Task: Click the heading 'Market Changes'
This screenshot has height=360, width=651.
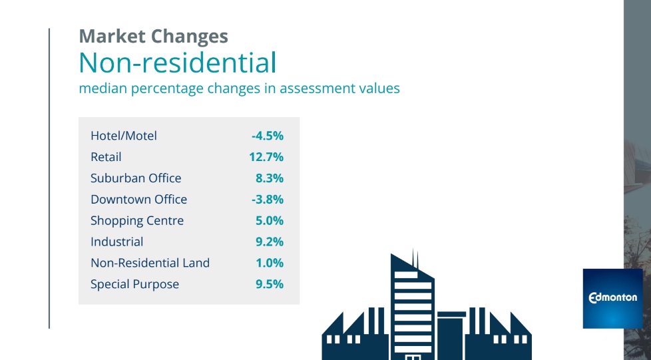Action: tap(153, 36)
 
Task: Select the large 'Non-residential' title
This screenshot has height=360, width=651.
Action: tap(177, 63)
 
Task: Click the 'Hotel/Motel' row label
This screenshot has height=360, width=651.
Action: tap(124, 136)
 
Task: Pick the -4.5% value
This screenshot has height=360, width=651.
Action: tap(268, 136)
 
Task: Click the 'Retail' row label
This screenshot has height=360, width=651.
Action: tap(106, 157)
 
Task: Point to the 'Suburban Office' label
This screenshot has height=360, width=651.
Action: tap(136, 178)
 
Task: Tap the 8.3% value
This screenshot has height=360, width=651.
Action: tap(270, 178)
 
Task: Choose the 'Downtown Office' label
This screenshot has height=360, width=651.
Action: tap(138, 200)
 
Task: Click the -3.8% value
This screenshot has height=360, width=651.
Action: tap(268, 200)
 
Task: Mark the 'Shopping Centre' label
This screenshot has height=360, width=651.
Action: tap(137, 221)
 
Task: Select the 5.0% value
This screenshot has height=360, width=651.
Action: tap(270, 221)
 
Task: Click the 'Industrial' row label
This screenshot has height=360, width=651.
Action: tap(116, 242)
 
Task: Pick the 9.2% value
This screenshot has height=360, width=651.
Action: tap(270, 242)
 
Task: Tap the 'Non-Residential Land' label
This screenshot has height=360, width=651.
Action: tap(150, 263)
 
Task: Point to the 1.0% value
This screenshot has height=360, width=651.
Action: tap(270, 263)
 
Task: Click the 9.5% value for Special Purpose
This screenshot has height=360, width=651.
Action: tap(270, 284)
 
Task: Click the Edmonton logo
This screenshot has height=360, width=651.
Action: tap(612, 298)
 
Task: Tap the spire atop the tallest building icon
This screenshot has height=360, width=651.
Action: tap(413, 257)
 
